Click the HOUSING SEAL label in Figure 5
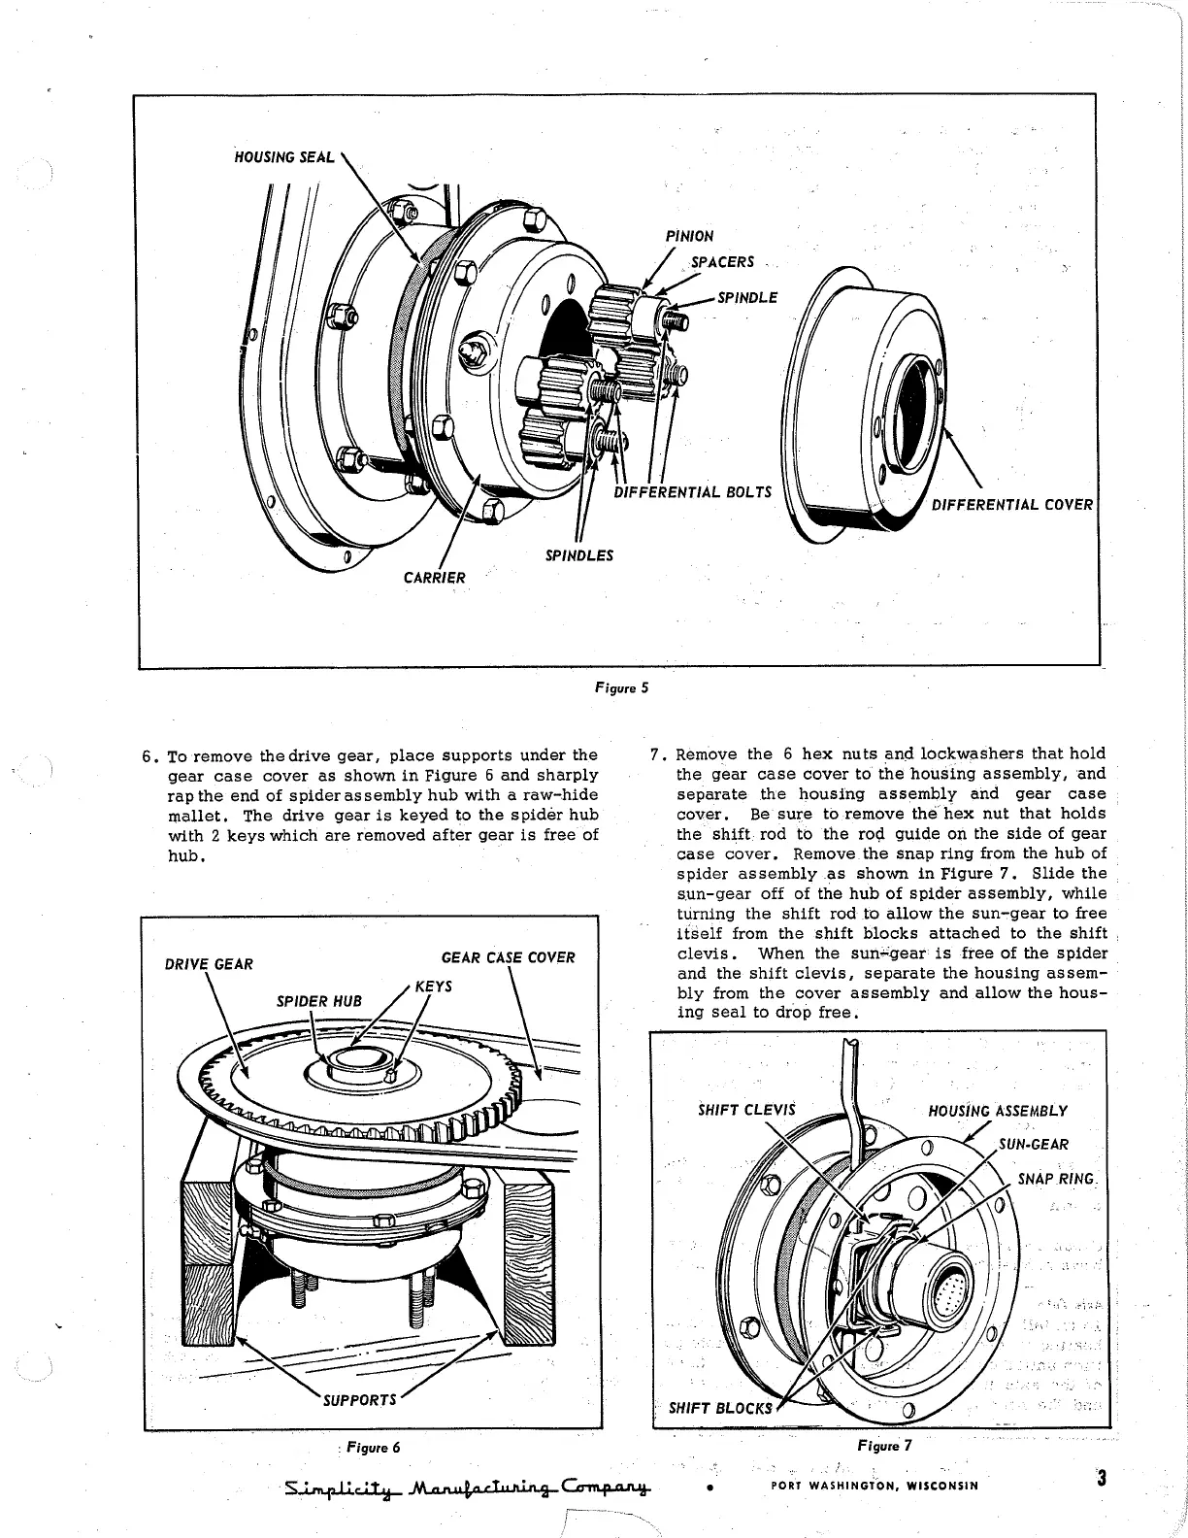284,157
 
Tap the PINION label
690,236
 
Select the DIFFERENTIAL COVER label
1011,505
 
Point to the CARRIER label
435,578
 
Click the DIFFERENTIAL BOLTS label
692,491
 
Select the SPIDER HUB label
318,1001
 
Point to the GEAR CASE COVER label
508,958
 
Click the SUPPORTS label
360,1400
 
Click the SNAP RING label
1056,1179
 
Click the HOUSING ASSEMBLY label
998,1111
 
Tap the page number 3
1101,1480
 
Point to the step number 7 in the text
655,754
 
